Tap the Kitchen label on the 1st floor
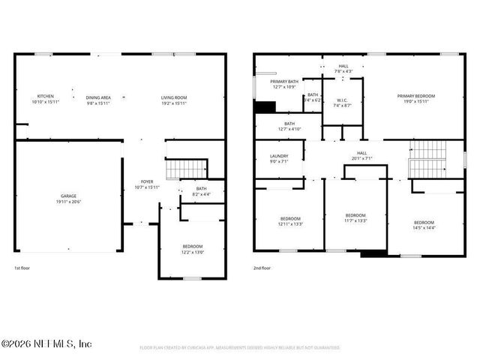point(46,99)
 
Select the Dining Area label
point(98,99)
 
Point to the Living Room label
point(173,99)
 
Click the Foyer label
point(147,184)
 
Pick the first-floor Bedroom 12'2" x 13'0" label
point(192,249)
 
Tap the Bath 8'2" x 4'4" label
point(200,192)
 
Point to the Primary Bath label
point(284,84)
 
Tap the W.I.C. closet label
point(341,103)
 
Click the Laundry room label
point(279,158)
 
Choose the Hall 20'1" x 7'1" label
point(361,156)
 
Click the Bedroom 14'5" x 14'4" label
point(424,225)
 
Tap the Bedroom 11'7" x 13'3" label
point(355,217)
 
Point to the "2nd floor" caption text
point(262,268)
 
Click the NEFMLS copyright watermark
point(46,343)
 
